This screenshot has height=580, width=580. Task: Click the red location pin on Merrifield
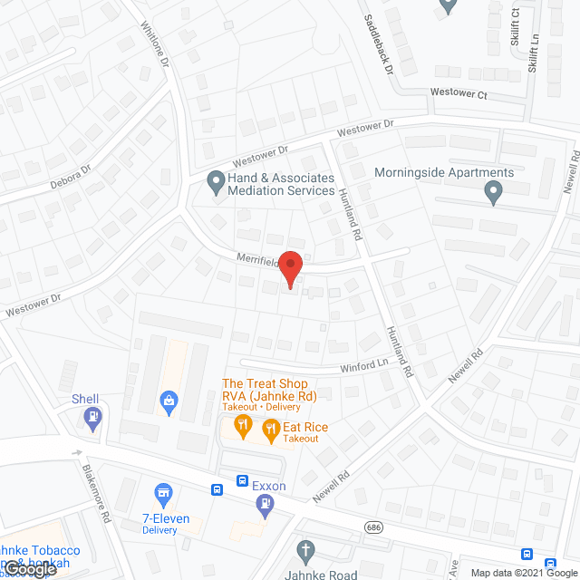pyautogui.click(x=290, y=267)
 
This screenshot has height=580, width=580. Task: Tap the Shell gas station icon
pyautogui.click(x=92, y=417)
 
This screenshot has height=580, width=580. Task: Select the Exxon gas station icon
pyautogui.click(x=265, y=507)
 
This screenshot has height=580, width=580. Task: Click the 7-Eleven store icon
pyautogui.click(x=164, y=493)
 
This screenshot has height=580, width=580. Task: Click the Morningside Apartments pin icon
pyautogui.click(x=493, y=191)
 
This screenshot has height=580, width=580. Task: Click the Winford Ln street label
pyautogui.click(x=364, y=366)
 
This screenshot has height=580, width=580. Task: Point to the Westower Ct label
pyautogui.click(x=459, y=92)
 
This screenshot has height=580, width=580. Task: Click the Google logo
pyautogui.click(x=30, y=569)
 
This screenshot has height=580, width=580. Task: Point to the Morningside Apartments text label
pyautogui.click(x=444, y=172)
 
